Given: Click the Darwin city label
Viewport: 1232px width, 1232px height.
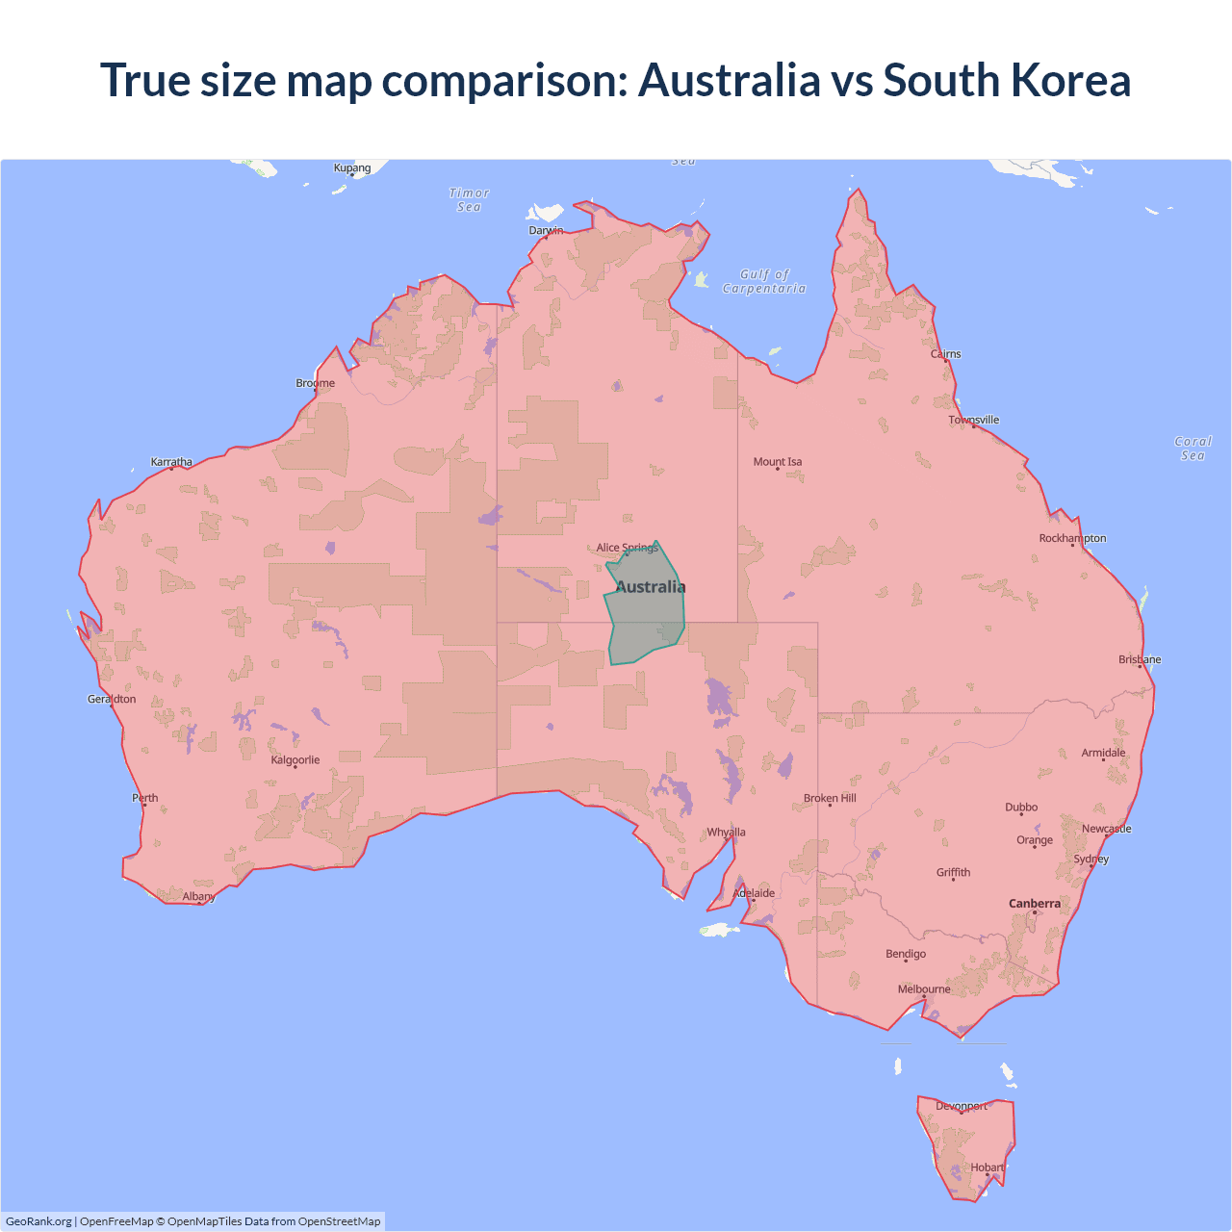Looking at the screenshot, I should (546, 231).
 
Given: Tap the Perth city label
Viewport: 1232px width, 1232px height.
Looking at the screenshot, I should (145, 798).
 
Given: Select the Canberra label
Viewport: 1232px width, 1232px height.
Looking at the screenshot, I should (1035, 904).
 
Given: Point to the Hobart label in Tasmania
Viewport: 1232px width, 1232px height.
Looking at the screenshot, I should (988, 1168).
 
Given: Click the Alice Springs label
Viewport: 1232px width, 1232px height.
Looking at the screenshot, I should (627, 548).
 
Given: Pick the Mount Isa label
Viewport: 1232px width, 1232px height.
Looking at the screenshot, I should (778, 462).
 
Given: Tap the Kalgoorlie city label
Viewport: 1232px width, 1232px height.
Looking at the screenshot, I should (295, 760).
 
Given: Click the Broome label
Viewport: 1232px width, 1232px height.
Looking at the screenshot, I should (316, 383).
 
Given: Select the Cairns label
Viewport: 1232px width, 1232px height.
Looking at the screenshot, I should (946, 354).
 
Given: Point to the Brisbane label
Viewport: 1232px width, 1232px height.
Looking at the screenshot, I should (1140, 659).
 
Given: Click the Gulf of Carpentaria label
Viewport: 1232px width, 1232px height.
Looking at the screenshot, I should (764, 281).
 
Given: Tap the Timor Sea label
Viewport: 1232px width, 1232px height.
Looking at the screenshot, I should (470, 200).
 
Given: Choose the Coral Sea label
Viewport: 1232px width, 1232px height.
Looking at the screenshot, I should (1193, 449).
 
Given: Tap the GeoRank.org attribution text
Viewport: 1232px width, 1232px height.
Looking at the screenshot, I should (38, 1221).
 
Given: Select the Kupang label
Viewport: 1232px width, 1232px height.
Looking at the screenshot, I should (352, 168).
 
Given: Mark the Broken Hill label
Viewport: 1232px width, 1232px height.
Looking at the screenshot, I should (830, 799).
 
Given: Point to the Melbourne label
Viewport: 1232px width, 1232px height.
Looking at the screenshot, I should (924, 989).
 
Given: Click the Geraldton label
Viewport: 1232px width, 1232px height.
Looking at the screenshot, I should (112, 699).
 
